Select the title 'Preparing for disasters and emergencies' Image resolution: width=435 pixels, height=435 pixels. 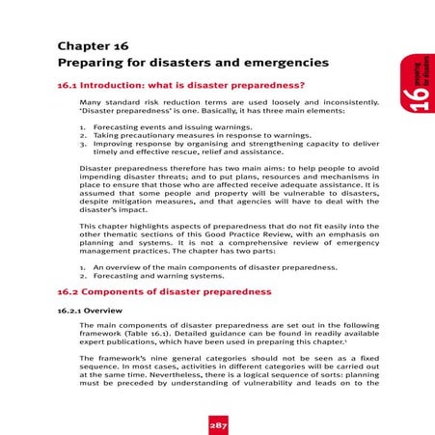[181, 63]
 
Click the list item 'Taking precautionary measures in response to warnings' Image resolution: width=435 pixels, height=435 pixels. [188, 137]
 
